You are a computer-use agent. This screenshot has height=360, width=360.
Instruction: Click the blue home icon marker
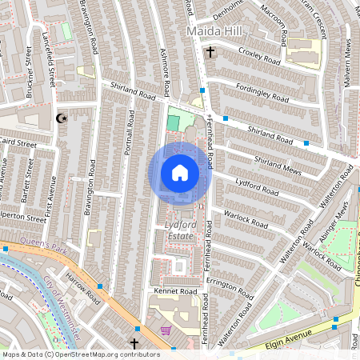pyautogui.click(x=179, y=173)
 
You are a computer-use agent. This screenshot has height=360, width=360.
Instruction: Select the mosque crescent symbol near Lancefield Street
pyautogui.click(x=59, y=118)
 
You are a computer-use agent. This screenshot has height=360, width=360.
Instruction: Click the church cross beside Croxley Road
pyautogui.click(x=210, y=54)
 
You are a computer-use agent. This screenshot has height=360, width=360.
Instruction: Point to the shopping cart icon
pyautogui.click(x=166, y=330)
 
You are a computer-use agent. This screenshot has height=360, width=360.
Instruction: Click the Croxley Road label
pyautogui.click(x=260, y=56)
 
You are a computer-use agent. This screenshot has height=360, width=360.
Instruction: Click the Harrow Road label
pyautogui.click(x=82, y=290)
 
